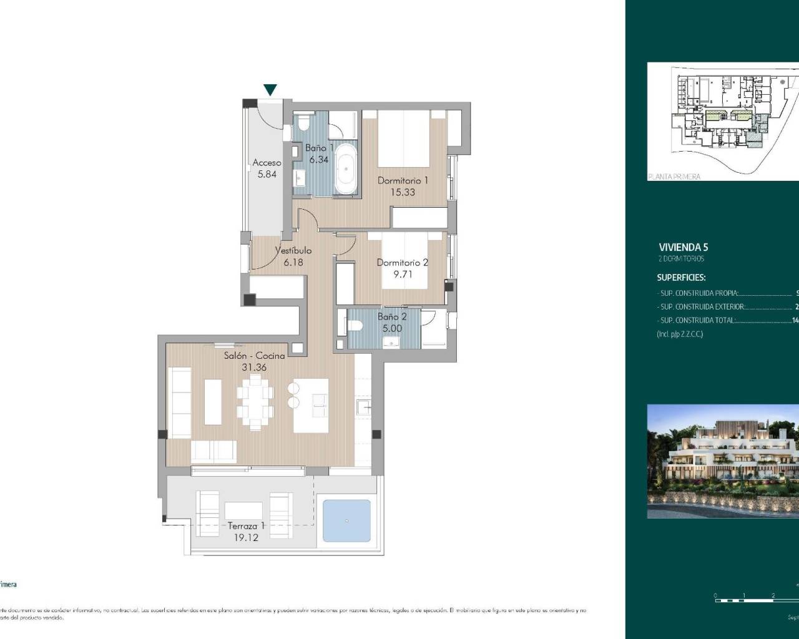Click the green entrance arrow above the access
[270, 90]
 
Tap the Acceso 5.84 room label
[267, 168]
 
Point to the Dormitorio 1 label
[403, 186]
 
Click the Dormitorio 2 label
[403, 268]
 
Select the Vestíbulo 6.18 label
[293, 256]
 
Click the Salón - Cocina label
[255, 361]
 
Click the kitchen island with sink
[311, 405]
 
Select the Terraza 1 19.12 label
[245, 530]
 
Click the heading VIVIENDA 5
[684, 247]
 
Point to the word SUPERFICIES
[681, 278]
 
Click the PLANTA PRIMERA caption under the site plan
[674, 177]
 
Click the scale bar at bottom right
[755, 600]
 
